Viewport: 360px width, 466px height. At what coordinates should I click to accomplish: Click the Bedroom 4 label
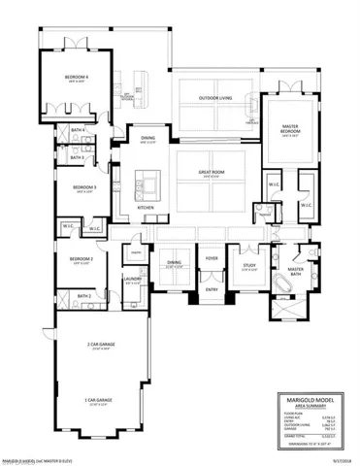pyautogui.click(x=78, y=76)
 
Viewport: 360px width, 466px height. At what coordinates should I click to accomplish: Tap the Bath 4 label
pyautogui.click(x=77, y=129)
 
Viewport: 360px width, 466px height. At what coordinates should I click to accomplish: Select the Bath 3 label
pyautogui.click(x=77, y=157)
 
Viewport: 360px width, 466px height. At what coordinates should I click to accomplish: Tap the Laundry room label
pyautogui.click(x=133, y=279)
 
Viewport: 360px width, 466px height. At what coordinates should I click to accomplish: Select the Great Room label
pyautogui.click(x=212, y=172)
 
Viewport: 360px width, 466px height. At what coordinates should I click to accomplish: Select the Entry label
pyautogui.click(x=212, y=289)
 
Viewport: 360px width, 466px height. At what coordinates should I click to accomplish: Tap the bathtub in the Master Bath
pyautogui.click(x=282, y=286)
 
